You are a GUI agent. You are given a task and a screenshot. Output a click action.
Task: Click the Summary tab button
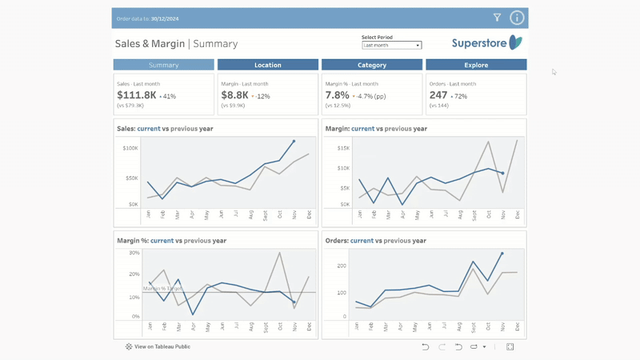click(163, 65)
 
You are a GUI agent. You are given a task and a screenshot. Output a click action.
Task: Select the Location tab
click(267, 65)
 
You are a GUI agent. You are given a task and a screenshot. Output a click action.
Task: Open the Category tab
click(371, 65)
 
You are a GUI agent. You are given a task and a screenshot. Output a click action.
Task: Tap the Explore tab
click(476, 65)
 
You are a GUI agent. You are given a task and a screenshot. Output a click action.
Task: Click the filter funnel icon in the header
click(497, 18)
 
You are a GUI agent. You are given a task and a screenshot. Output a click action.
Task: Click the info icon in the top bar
click(517, 18)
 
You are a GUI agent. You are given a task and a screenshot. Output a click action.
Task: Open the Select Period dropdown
click(391, 46)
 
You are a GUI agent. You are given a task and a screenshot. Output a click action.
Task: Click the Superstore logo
click(486, 43)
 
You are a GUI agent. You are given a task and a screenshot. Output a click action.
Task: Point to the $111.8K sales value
click(137, 95)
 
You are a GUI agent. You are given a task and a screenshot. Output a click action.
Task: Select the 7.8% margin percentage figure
click(337, 95)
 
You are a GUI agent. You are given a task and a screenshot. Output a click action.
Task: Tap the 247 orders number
click(438, 95)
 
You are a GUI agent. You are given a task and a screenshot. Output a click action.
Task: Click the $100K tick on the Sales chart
click(130, 148)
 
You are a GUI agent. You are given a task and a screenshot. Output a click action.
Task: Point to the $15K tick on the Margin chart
click(343, 148)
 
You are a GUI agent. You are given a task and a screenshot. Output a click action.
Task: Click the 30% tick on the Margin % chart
click(134, 253)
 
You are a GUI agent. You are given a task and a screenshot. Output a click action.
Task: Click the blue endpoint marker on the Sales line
click(294, 142)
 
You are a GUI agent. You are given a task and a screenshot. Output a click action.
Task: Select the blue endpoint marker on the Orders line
click(502, 254)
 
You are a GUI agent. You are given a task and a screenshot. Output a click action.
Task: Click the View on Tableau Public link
click(158, 347)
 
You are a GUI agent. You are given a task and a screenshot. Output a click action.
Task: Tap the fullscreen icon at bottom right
click(510, 347)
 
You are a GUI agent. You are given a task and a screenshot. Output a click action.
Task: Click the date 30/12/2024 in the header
click(165, 18)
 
